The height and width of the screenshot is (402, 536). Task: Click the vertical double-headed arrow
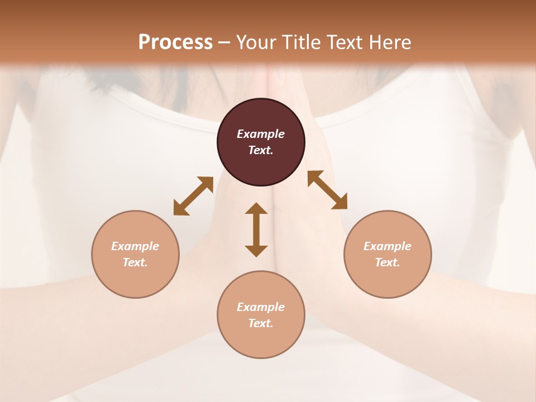(x=256, y=229)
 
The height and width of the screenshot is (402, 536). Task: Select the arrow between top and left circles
(x=193, y=196)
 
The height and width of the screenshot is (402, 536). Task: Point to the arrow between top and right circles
(x=327, y=190)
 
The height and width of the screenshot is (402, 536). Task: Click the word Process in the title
(x=175, y=42)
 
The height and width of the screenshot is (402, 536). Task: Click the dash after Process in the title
(x=224, y=42)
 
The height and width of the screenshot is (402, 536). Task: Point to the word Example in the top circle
(x=261, y=134)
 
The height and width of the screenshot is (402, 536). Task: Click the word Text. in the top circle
(x=261, y=150)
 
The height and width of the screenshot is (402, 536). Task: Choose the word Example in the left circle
(x=135, y=246)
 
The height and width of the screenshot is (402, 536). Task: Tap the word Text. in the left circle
(x=135, y=262)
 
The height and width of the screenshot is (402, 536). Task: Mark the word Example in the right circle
(x=387, y=246)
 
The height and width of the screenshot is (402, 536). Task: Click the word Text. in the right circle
(x=387, y=262)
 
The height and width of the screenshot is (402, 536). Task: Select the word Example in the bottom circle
(x=261, y=307)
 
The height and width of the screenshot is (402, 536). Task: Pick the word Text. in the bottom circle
(x=261, y=323)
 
